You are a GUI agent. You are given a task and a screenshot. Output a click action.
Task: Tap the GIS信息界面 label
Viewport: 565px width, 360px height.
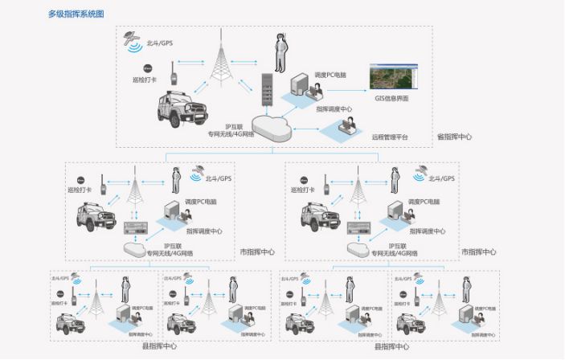click(391, 98)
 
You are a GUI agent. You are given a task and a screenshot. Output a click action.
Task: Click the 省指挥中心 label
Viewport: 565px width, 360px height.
click(454, 137)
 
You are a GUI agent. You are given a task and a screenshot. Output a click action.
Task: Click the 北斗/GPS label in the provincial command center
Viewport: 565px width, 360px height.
click(158, 43)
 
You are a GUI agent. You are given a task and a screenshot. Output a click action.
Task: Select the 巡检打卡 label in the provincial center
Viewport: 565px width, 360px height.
click(144, 80)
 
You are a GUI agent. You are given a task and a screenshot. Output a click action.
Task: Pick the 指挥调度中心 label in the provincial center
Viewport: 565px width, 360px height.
click(334, 108)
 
